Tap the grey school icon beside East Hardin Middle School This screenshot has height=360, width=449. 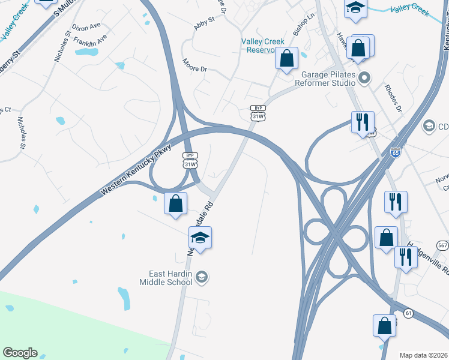tap(202, 277)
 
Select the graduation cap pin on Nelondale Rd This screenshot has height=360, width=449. tap(200, 238)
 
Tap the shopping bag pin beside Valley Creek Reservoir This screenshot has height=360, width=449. tap(287, 58)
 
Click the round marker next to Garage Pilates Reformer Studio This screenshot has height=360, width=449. tap(364, 77)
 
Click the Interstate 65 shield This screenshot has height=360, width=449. tap(395, 152)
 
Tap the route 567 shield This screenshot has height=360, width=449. tap(442, 245)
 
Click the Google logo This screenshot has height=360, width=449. tap(20, 353)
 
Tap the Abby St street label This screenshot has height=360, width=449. tap(203, 25)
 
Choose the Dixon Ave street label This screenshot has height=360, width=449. tap(86, 28)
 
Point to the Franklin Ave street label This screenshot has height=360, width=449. tap(94, 41)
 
